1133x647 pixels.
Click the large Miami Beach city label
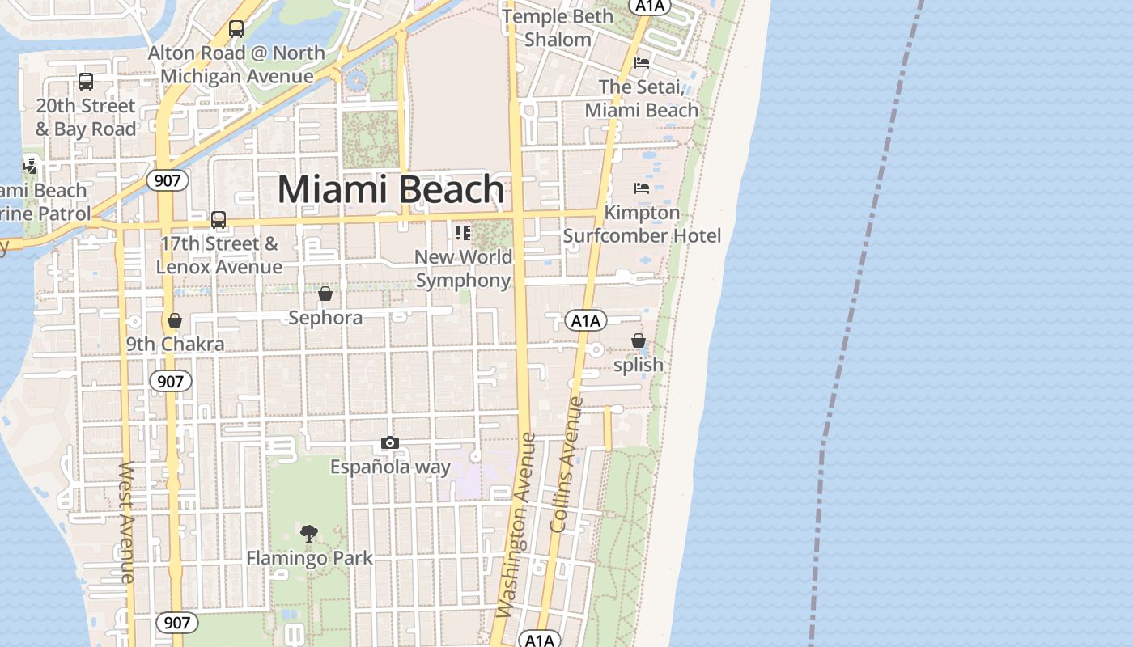[x=391, y=190]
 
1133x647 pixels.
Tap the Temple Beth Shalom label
[x=558, y=27]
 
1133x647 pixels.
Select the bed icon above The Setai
[x=642, y=63]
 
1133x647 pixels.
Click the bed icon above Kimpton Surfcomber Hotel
[x=642, y=188]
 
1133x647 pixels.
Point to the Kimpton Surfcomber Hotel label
[x=642, y=224]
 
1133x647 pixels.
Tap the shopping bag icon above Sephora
[x=325, y=294]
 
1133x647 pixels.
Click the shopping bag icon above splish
[x=639, y=340]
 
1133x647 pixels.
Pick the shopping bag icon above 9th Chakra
[x=175, y=321]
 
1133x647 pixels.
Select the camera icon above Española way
[x=390, y=443]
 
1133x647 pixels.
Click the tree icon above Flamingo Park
[x=309, y=533]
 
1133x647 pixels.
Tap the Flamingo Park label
[x=309, y=558]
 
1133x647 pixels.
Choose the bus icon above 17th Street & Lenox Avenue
[x=219, y=220]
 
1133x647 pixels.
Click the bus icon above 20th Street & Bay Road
[x=86, y=82]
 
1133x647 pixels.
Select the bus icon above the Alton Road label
[x=236, y=29]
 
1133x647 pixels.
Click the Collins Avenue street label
[x=566, y=464]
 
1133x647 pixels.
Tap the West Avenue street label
[x=127, y=522]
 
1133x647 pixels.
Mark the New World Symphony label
[x=464, y=269]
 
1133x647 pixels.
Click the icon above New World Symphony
[x=463, y=233]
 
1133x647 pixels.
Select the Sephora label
[x=325, y=318]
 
